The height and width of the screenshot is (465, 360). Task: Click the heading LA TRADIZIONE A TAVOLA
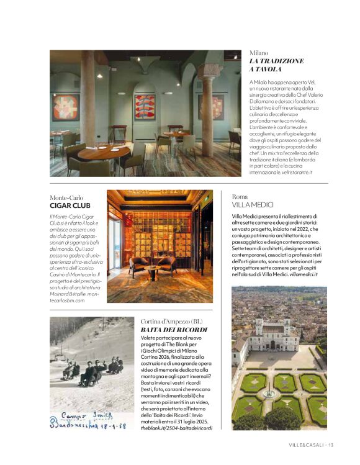tap(276, 65)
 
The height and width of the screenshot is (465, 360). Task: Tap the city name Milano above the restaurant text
tap(259, 53)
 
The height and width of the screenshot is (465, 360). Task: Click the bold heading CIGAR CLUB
tap(70, 205)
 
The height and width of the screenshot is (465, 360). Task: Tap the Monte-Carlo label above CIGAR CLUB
tap(68, 197)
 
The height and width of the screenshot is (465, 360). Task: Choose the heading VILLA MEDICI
tap(253, 204)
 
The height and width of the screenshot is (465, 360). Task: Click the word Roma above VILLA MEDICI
tap(240, 196)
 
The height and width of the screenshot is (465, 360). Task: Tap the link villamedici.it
tap(303, 274)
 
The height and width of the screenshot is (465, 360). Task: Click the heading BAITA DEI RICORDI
tap(174, 329)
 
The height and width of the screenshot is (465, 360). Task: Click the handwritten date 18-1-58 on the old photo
tap(112, 425)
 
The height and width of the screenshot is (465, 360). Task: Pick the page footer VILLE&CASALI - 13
tap(311, 445)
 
